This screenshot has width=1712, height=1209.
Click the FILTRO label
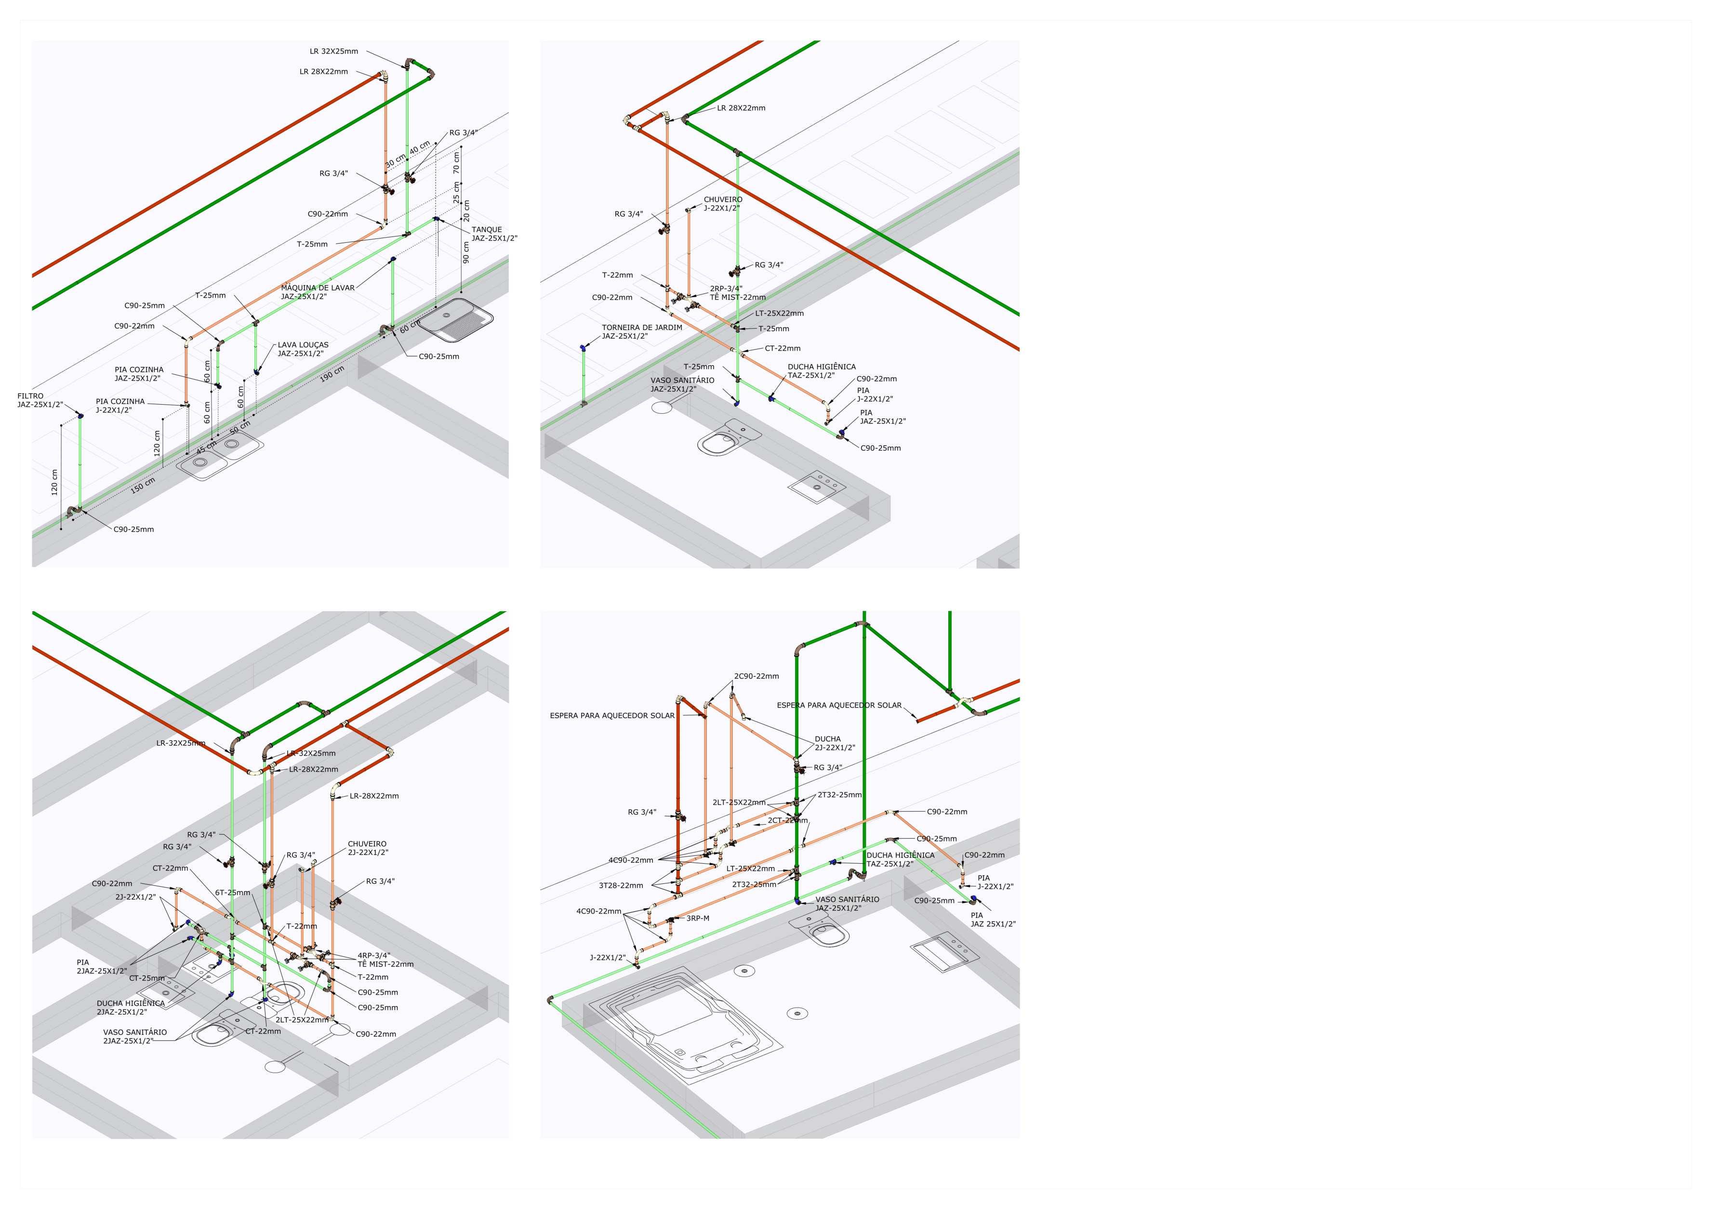[x=30, y=396]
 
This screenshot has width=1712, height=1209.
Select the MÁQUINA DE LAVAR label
[x=318, y=288]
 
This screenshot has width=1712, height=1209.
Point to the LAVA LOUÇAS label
[x=303, y=345]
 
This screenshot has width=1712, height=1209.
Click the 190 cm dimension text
[x=332, y=374]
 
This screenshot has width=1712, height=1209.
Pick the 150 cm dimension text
[x=143, y=485]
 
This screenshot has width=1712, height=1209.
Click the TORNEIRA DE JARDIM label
[x=642, y=327]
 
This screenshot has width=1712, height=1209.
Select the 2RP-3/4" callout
[x=726, y=289]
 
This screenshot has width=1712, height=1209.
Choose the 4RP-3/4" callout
[x=373, y=956]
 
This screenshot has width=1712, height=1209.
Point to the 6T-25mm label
[x=233, y=892]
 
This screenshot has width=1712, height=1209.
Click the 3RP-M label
[x=697, y=918]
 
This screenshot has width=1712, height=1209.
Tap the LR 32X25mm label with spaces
[x=333, y=52]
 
